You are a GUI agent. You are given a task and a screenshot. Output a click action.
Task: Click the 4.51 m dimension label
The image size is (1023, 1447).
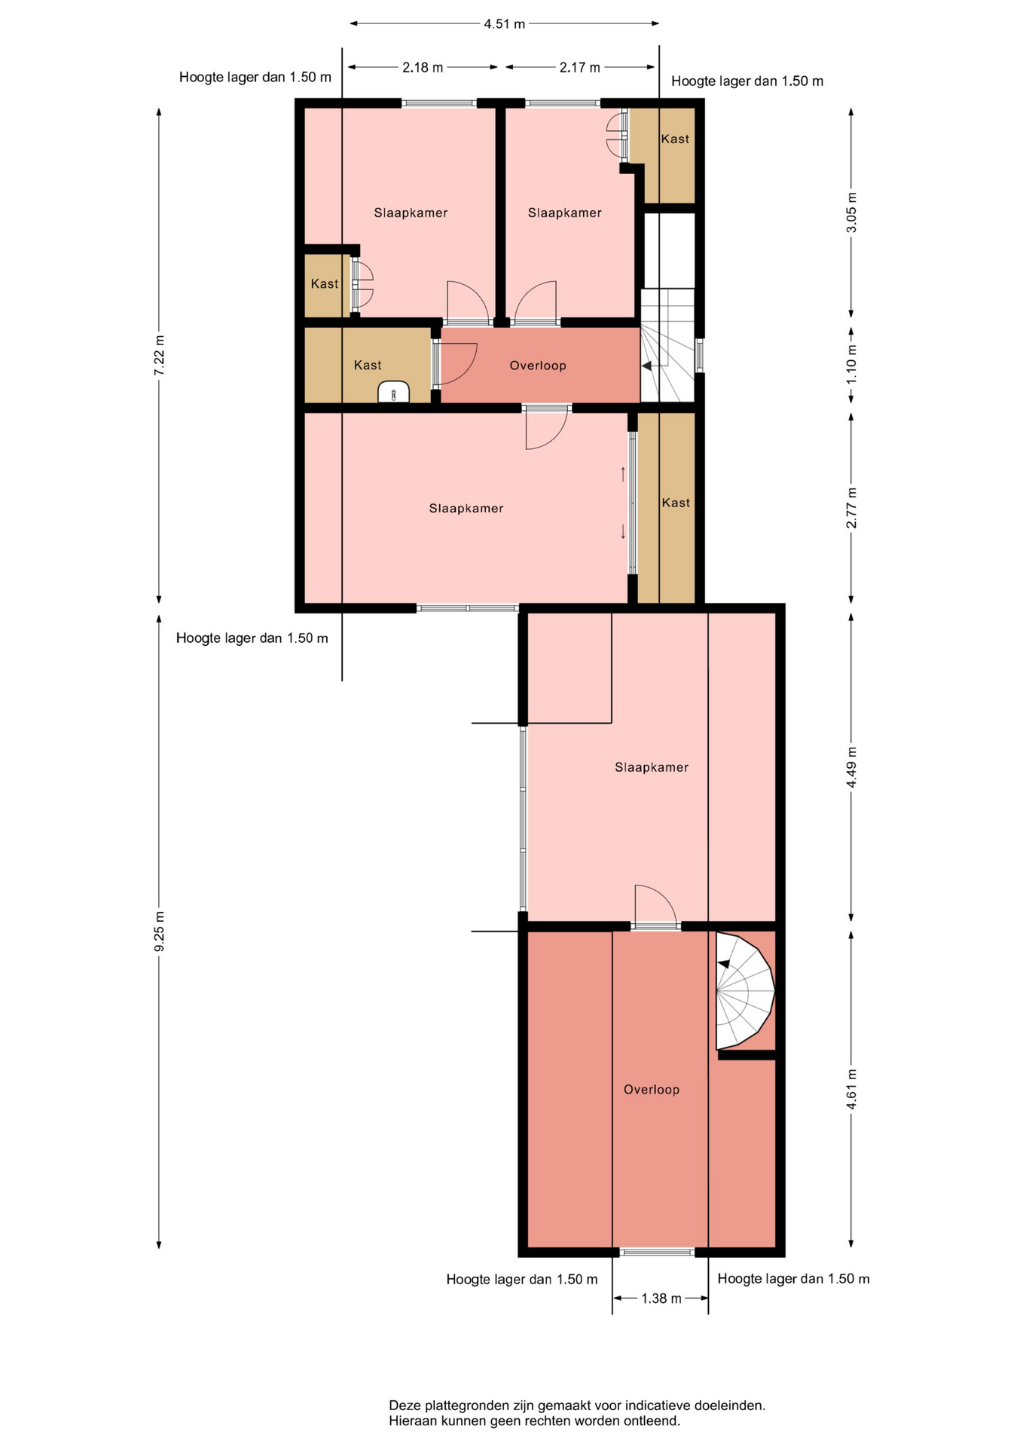pyautogui.click(x=504, y=24)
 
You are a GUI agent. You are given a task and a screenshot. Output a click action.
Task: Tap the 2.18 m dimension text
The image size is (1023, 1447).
pyautogui.click(x=423, y=67)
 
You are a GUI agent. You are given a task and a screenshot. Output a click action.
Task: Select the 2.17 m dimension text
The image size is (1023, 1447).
pyautogui.click(x=579, y=67)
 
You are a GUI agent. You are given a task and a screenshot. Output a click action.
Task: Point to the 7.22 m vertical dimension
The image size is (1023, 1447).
pyautogui.click(x=159, y=354)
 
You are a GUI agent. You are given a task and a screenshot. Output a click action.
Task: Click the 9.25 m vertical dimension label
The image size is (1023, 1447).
pyautogui.click(x=159, y=931)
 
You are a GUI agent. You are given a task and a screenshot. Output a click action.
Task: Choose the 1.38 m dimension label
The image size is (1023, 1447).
pyautogui.click(x=661, y=1299)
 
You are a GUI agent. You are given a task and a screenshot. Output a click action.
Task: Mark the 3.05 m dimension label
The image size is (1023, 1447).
pyautogui.click(x=851, y=213)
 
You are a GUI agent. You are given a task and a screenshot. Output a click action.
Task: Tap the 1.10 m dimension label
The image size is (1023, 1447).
pyautogui.click(x=851, y=363)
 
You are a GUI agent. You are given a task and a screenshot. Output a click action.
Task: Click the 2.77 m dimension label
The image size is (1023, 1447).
pyautogui.click(x=851, y=507)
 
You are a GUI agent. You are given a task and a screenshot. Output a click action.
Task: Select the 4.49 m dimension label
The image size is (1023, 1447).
pyautogui.click(x=851, y=767)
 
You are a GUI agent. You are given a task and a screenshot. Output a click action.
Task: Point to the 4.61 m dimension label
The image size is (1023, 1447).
pyautogui.click(x=851, y=1089)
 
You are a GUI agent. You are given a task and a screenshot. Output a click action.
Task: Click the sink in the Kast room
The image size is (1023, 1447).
pyautogui.click(x=393, y=393)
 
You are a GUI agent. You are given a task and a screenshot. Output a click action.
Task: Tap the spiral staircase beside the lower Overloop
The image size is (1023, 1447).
pyautogui.click(x=744, y=991)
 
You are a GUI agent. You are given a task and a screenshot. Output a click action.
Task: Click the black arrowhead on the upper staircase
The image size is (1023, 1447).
pyautogui.click(x=646, y=366)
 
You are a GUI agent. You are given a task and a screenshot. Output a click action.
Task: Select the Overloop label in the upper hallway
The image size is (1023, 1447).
pyautogui.click(x=538, y=366)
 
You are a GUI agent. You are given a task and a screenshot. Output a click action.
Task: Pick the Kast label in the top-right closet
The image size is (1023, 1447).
pyautogui.click(x=675, y=139)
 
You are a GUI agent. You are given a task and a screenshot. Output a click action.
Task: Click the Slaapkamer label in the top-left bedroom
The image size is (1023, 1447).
pyautogui.click(x=411, y=213)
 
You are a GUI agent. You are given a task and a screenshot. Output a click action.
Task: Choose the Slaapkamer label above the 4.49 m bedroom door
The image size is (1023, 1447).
pyautogui.click(x=652, y=767)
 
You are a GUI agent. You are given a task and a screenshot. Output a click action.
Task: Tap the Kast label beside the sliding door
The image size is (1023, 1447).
pyautogui.click(x=676, y=503)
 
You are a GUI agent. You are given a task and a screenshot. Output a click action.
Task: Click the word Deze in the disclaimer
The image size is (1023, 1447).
pyautogui.click(x=405, y=1406)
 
